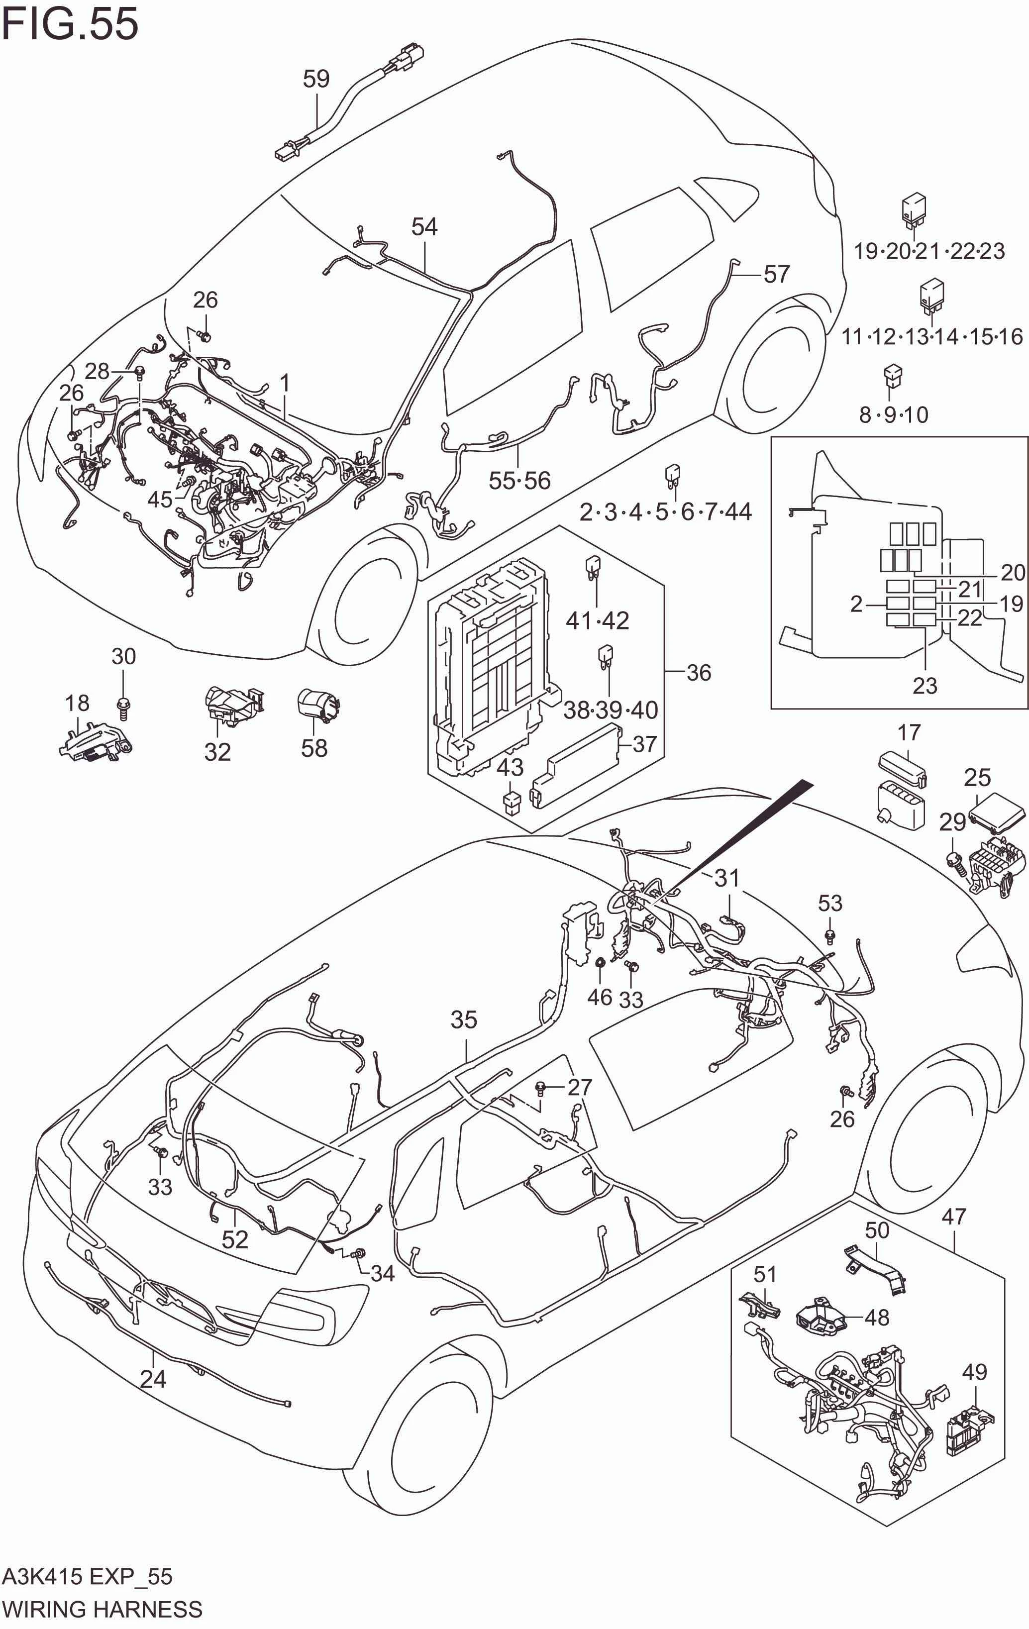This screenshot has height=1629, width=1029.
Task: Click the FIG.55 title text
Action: pos(70,24)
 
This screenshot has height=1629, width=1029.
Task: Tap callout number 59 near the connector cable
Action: pos(316,79)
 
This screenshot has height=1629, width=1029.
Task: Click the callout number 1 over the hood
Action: pos(285,384)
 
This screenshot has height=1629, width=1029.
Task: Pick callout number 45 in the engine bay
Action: pos(160,500)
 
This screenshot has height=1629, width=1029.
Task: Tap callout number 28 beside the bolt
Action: pos(97,371)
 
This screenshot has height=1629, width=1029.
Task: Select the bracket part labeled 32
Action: pos(233,704)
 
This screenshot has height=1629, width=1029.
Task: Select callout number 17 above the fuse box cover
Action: pos(909,732)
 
